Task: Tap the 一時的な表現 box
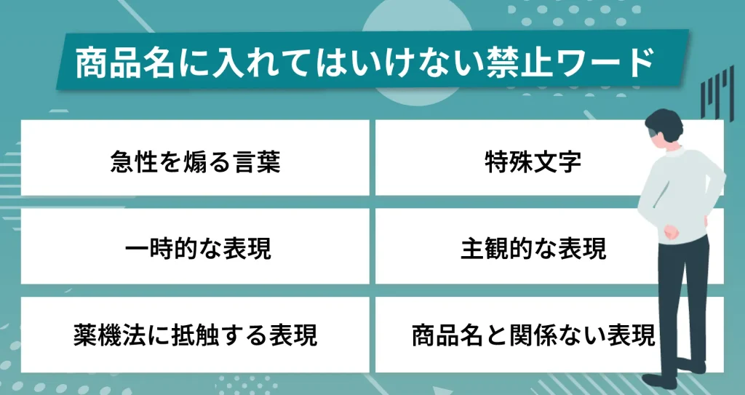click(x=195, y=248)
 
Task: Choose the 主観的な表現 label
click(x=533, y=248)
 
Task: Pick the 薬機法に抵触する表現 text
click(x=195, y=335)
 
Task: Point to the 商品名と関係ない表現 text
click(x=533, y=335)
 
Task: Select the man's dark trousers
click(x=680, y=298)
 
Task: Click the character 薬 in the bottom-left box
click(x=83, y=335)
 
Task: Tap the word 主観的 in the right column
click(x=497, y=248)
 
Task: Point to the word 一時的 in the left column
click(x=159, y=248)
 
